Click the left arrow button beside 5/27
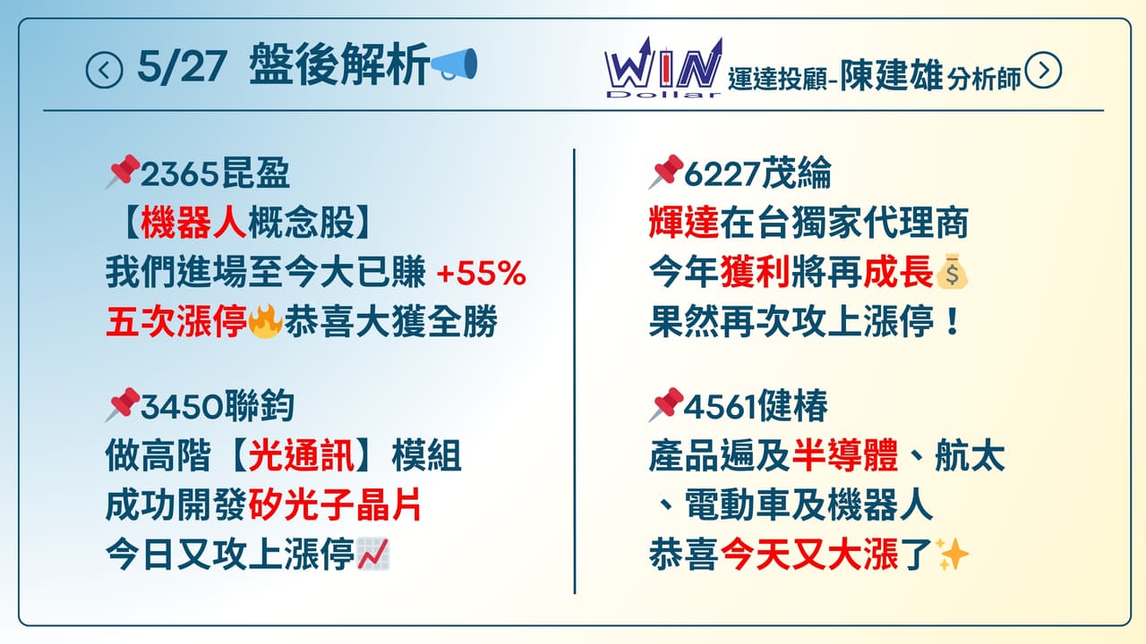[105, 70]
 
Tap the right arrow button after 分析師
[1043, 70]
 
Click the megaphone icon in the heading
[454, 64]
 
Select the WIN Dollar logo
[664, 67]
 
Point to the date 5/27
[182, 67]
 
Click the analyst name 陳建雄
[892, 76]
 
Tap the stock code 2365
[179, 174]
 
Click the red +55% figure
[482, 273]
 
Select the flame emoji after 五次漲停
[265, 321]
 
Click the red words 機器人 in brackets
[193, 224]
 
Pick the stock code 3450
[182, 407]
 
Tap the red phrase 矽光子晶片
[335, 505]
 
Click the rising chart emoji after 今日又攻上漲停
[373, 554]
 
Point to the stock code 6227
[722, 174]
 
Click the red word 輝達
[684, 224]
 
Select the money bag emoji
[952, 271]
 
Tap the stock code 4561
[720, 407]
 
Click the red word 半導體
[845, 456]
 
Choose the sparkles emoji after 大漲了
[952, 554]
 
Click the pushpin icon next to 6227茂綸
[666, 171]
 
